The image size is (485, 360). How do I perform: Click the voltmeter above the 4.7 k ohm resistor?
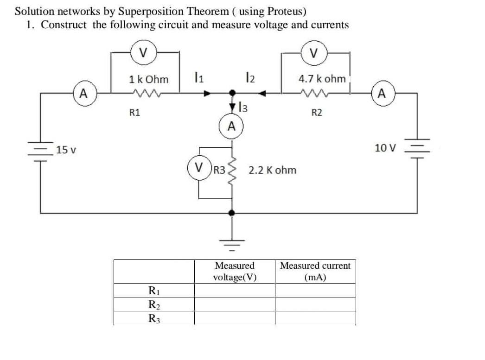(x=314, y=51)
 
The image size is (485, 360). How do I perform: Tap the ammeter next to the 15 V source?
(x=83, y=94)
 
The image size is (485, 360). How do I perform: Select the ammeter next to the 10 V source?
(x=381, y=94)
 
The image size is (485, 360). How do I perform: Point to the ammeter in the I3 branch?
(x=231, y=126)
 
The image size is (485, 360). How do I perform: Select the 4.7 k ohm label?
(x=322, y=79)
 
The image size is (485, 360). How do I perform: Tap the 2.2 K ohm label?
(x=272, y=170)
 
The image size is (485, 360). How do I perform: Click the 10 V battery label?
(x=385, y=148)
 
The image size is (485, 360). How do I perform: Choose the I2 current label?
(x=249, y=77)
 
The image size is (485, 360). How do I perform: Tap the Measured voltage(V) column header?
(x=235, y=272)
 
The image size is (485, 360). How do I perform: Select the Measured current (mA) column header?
(x=315, y=272)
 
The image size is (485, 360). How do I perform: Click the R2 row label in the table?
(x=152, y=304)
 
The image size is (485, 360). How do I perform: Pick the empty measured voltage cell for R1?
(x=235, y=291)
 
